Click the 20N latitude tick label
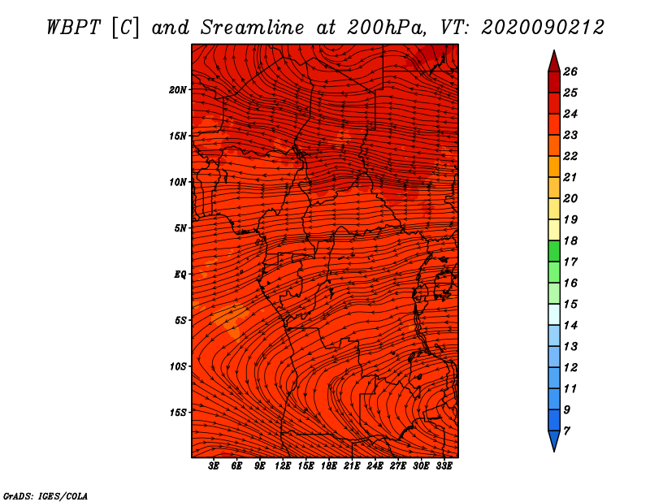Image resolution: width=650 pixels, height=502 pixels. click(x=178, y=90)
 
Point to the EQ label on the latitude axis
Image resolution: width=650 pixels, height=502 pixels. click(x=180, y=275)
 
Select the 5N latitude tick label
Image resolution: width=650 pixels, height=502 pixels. click(x=180, y=228)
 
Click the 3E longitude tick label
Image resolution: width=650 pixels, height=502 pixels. click(x=214, y=465)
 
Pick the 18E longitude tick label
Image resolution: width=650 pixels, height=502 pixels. click(x=328, y=465)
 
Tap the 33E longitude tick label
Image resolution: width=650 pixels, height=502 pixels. click(x=444, y=465)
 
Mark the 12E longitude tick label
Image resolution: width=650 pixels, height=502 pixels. click(x=282, y=465)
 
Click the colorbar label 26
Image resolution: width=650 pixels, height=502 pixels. click(x=570, y=71)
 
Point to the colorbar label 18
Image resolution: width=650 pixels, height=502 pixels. click(x=570, y=240)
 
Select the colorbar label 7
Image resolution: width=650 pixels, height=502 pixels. click(x=566, y=431)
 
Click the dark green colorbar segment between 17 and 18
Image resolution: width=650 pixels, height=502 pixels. click(x=554, y=251)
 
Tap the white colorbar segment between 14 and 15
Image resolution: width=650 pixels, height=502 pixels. click(x=554, y=314)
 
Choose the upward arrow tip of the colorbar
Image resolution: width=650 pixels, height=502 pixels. click(x=554, y=50)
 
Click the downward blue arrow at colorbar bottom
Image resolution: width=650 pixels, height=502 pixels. click(x=554, y=441)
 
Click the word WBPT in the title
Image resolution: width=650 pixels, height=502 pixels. click(x=73, y=28)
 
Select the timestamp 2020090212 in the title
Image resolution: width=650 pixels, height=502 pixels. click(x=543, y=28)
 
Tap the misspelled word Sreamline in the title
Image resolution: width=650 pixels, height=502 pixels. click(x=253, y=28)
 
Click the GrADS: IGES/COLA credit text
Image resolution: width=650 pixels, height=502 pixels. click(x=45, y=496)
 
